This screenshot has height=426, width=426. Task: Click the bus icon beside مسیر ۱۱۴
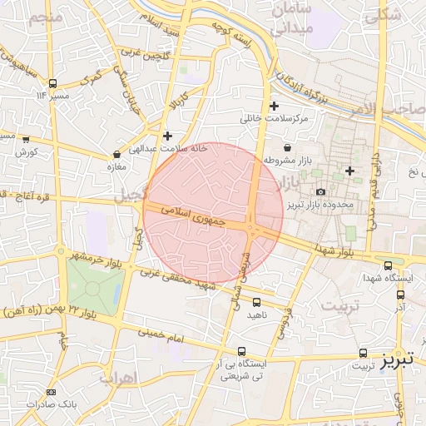(x=53, y=83)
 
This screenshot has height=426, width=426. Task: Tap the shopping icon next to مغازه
(x=116, y=155)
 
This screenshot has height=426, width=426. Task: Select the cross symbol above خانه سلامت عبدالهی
(x=168, y=135)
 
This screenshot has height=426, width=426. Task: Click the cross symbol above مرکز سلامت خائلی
(x=274, y=106)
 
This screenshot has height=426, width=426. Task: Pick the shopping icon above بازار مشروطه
(x=286, y=147)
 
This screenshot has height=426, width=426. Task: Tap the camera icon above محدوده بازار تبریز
(x=320, y=192)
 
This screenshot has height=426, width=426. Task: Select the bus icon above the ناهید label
(x=256, y=303)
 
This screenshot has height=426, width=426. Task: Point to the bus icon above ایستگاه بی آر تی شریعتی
(x=242, y=352)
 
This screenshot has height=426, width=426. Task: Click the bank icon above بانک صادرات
(x=52, y=392)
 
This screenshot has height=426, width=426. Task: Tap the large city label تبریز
(x=397, y=361)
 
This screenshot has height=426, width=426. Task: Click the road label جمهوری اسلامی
(x=195, y=216)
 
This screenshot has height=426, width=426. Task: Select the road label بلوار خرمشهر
(x=93, y=255)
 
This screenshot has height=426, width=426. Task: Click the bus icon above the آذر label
(x=401, y=294)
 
